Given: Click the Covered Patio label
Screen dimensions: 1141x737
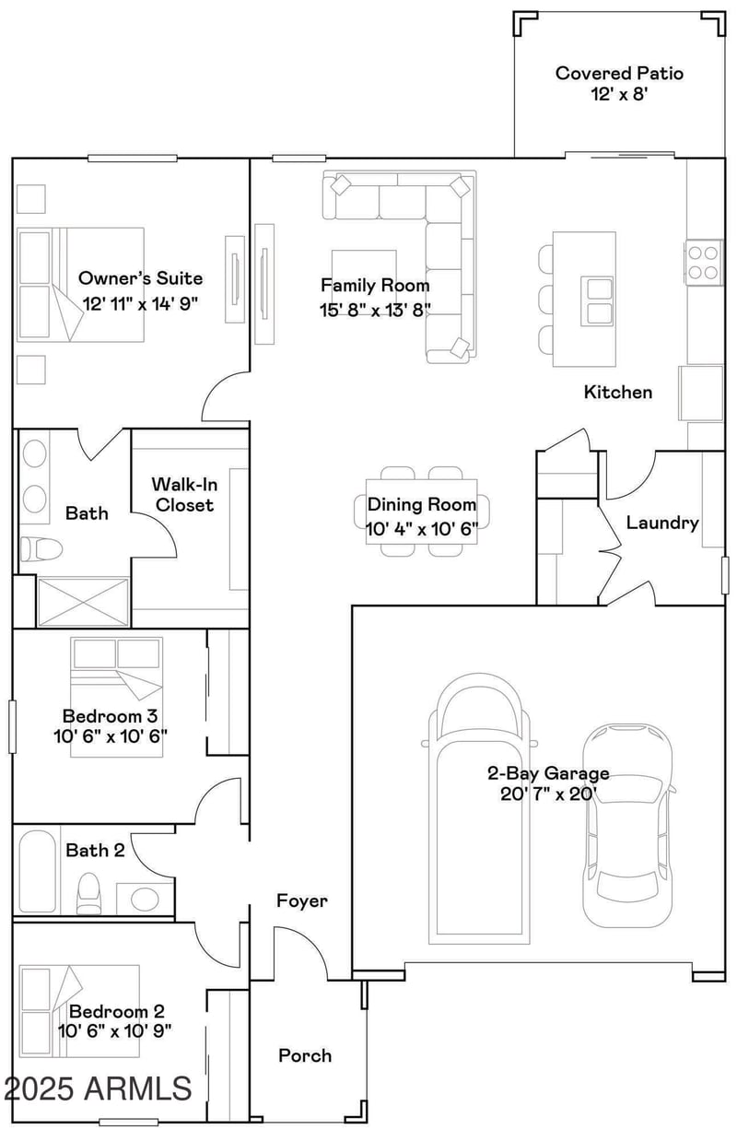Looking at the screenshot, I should pyautogui.click(x=618, y=73).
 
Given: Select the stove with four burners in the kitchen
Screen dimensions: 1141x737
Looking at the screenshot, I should pyautogui.click(x=705, y=261).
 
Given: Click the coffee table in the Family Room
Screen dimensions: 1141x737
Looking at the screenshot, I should pyautogui.click(x=364, y=265).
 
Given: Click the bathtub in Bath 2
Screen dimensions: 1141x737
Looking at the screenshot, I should pyautogui.click(x=37, y=872).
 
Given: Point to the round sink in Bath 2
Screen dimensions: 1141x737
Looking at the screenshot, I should pyautogui.click(x=144, y=898).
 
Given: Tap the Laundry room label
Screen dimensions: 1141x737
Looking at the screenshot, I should pyautogui.click(x=661, y=523).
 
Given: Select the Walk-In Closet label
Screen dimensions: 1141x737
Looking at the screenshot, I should pyautogui.click(x=183, y=494).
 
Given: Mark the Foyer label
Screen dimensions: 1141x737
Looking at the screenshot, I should pyautogui.click(x=301, y=900).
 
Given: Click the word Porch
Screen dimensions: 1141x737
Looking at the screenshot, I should pyautogui.click(x=305, y=1055).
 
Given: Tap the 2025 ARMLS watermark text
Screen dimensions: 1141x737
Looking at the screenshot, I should pyautogui.click(x=98, y=1088).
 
